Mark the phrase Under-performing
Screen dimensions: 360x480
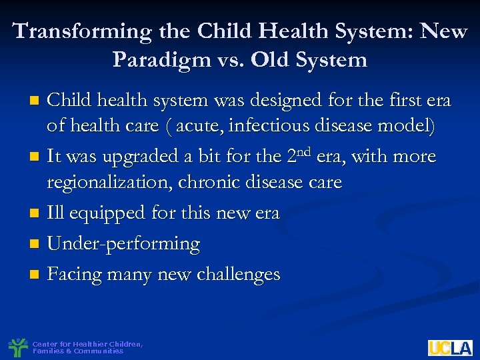123,244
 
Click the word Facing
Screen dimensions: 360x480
76,274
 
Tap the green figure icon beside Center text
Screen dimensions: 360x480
17,347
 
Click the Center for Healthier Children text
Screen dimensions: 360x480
87,344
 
